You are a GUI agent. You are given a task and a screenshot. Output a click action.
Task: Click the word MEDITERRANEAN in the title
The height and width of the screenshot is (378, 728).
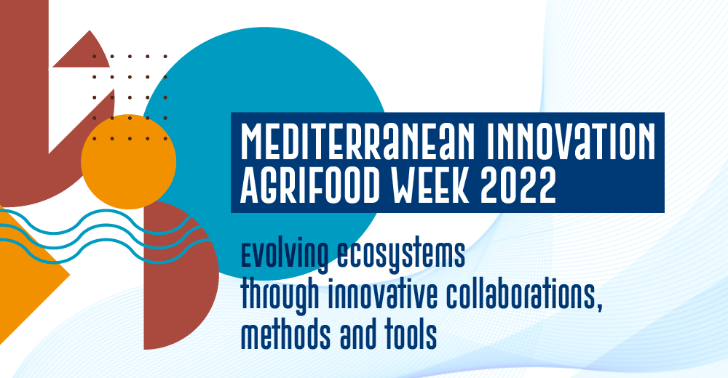tap(358, 141)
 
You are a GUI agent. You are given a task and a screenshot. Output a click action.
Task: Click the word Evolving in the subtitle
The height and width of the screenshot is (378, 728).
tap(284, 255)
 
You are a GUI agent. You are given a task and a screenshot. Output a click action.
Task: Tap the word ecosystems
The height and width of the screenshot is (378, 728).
tap(400, 255)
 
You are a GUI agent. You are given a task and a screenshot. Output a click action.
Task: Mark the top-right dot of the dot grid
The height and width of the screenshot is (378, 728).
tap(165, 57)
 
